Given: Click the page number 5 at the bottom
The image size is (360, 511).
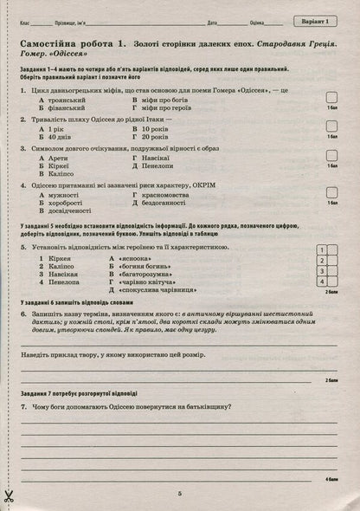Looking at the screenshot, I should click(x=179, y=494).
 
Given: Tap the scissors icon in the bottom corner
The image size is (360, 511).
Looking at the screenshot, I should click(x=11, y=495).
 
